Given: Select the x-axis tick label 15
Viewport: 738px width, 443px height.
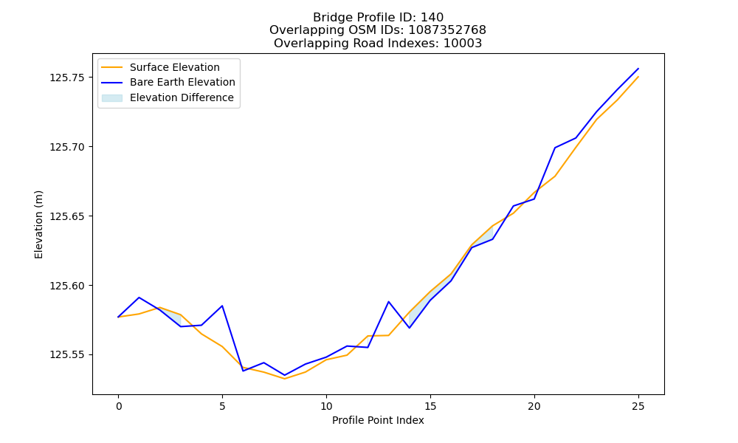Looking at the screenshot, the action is tap(430, 406).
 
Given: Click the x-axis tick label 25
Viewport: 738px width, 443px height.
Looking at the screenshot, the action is tap(638, 406).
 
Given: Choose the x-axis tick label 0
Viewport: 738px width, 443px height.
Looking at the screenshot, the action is tap(118, 406).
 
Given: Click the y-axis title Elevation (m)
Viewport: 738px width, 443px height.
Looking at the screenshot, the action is tap(38, 224).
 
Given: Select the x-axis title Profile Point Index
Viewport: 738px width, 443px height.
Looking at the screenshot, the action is tap(378, 420).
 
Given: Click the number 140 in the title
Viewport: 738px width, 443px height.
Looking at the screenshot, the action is tap(432, 18).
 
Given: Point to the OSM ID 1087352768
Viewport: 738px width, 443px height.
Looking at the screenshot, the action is tap(447, 30).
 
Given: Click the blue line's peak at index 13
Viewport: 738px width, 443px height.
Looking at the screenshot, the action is tap(389, 301).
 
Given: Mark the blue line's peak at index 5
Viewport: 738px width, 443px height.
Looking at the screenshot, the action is tap(222, 306).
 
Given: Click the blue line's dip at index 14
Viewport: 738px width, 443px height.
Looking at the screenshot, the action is tap(410, 328).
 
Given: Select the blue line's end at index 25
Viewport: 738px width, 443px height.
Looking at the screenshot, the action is tap(638, 69).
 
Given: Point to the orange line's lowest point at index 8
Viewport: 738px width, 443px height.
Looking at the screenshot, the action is tap(285, 379).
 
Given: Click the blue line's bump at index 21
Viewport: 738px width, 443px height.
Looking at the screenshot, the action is tap(555, 148).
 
